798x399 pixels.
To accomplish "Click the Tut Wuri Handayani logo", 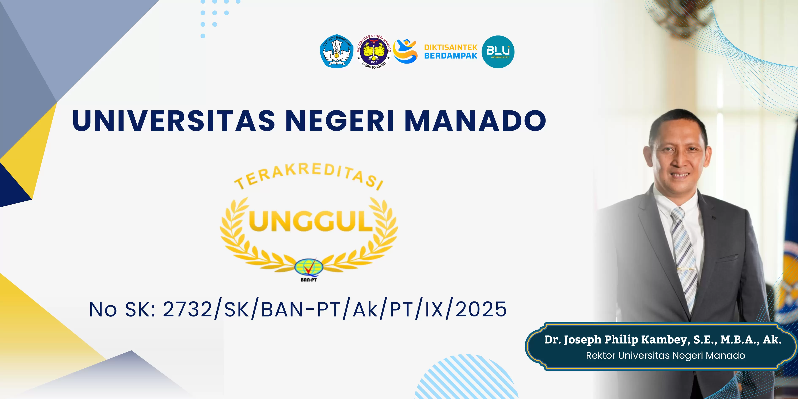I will [337, 51].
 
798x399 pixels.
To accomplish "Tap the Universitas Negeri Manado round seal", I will [374, 52].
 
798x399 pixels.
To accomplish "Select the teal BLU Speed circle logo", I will [498, 52].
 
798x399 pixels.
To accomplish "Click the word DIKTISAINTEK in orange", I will [451, 47].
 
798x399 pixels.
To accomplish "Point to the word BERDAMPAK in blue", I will [451, 56].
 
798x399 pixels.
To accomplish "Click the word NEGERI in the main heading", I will [340, 121].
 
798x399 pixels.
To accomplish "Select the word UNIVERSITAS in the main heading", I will [174, 121].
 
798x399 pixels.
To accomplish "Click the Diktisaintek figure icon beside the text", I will [405, 51].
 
